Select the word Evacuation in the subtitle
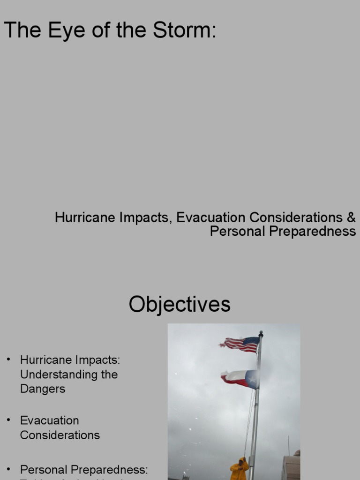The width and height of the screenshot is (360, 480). click(x=211, y=217)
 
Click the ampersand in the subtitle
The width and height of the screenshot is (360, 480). click(x=351, y=217)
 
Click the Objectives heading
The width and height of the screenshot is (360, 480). click(x=180, y=304)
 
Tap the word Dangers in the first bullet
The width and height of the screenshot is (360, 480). click(x=43, y=389)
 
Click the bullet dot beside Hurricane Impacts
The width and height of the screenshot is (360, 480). click(x=8, y=360)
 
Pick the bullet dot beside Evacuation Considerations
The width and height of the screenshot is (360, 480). click(x=8, y=420)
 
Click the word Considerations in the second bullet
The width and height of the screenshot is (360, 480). click(x=60, y=435)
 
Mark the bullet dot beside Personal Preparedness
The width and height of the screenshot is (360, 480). click(x=8, y=469)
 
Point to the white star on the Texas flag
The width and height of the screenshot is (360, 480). click(x=252, y=379)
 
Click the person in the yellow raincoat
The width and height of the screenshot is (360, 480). click(x=239, y=470)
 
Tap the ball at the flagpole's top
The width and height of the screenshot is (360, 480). click(x=261, y=333)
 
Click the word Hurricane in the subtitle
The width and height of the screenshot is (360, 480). click(x=79, y=217)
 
